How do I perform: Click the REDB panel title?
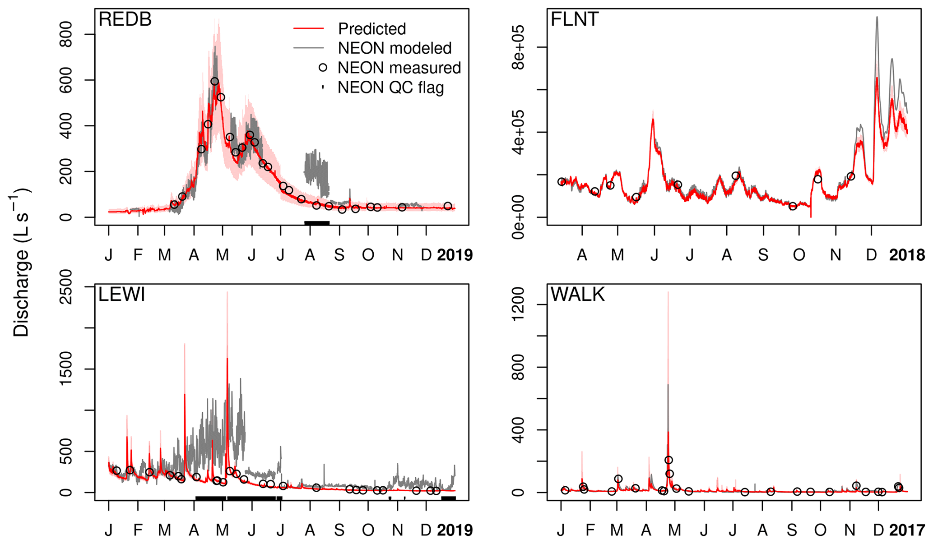point(125,20)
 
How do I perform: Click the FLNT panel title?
point(575,20)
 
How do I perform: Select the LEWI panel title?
point(122,295)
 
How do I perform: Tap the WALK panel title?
point(577,295)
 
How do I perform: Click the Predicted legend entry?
point(372,29)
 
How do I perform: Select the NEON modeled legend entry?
point(395,48)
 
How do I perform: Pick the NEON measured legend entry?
point(399,68)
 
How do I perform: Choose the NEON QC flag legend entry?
point(390,88)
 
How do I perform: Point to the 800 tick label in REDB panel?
point(66,35)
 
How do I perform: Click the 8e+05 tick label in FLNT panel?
point(519,47)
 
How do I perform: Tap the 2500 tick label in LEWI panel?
point(66,287)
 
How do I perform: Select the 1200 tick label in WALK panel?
point(519,305)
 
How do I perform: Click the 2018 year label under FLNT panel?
point(906,255)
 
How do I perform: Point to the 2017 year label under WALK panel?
point(906,530)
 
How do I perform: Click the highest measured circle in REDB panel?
point(214,82)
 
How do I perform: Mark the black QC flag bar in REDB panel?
point(317,223)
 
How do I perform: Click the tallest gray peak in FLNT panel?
point(877,18)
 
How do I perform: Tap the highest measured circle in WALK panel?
point(668,460)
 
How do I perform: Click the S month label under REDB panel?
point(339,255)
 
